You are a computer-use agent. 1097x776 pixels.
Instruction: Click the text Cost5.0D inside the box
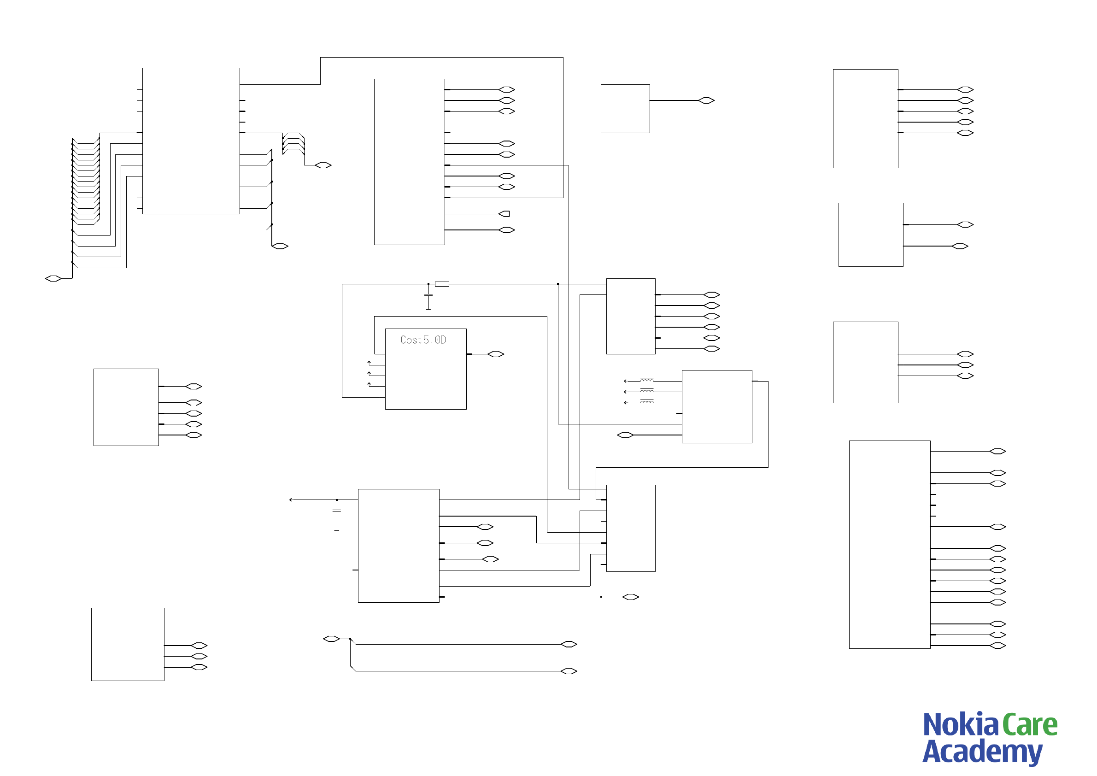423,340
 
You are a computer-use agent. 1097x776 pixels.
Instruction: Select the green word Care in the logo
1030,725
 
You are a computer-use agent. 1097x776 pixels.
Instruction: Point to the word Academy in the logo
982,752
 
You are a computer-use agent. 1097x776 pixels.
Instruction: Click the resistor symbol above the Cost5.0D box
441,284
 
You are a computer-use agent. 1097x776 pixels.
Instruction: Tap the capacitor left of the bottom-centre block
336,511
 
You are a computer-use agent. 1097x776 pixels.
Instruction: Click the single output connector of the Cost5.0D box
495,354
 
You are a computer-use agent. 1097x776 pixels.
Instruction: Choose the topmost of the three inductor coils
646,380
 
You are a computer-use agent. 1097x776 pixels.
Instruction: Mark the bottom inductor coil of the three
646,402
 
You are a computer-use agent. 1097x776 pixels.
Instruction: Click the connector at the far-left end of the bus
53,279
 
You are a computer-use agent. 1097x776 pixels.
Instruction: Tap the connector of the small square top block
706,100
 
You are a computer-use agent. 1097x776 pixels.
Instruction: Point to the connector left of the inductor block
625,435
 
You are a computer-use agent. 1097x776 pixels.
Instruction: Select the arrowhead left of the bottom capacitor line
291,500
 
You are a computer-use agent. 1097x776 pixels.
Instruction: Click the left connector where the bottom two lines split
331,639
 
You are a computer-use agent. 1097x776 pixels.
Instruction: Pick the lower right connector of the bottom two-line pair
568,671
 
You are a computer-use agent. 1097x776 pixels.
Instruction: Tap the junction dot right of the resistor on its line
557,284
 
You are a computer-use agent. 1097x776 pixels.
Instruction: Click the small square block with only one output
625,108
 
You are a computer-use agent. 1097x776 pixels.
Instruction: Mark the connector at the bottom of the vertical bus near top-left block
280,246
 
